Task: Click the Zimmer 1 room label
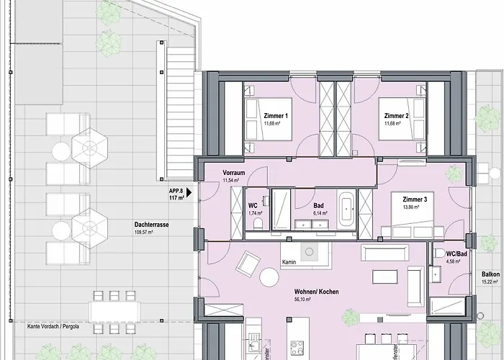[276, 116]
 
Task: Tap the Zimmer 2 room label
[396, 116]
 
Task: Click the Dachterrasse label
[152, 225]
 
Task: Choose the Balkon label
[491, 274]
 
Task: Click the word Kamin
[290, 262]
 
